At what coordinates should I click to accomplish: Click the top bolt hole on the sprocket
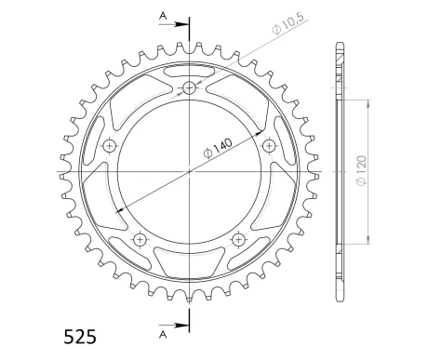click(x=189, y=88)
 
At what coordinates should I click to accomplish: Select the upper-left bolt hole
click(x=110, y=146)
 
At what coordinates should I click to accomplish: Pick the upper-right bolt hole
click(x=269, y=146)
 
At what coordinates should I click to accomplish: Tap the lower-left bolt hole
click(x=140, y=240)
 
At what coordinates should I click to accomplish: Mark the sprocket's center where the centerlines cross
click(x=189, y=171)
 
